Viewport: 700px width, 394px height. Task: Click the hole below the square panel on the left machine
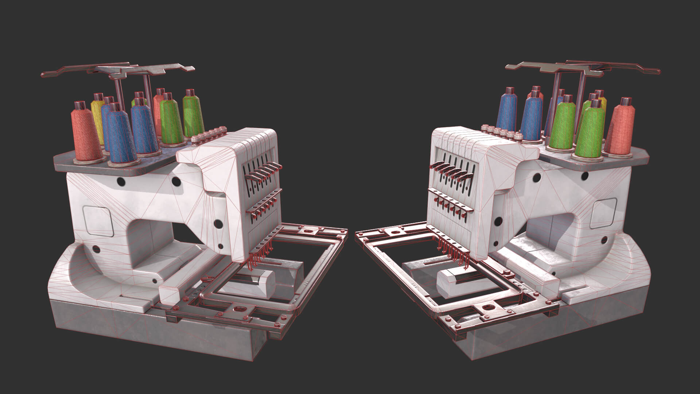96,249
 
